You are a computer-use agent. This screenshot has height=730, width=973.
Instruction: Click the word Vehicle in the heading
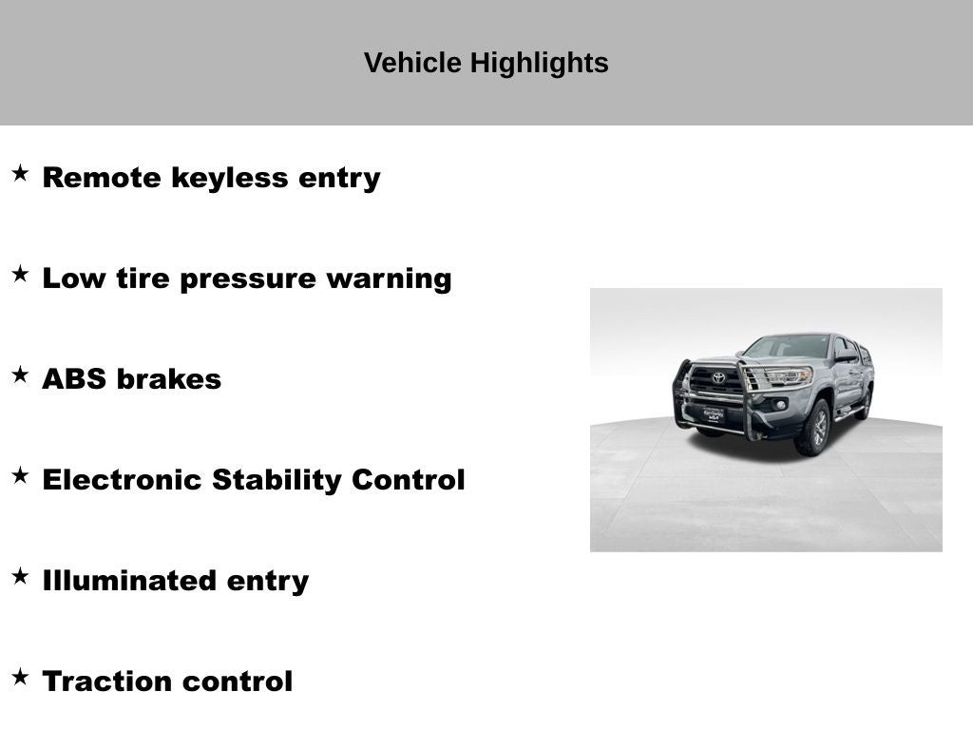412,63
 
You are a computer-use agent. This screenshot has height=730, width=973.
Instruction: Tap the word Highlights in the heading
539,64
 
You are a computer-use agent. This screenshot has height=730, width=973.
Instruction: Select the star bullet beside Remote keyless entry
21,173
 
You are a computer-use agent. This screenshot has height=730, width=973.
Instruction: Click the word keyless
230,177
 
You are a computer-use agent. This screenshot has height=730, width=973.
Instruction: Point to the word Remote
102,178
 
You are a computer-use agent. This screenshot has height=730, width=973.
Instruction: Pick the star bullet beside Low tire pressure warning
21,274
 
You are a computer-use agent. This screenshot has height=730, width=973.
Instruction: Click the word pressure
248,279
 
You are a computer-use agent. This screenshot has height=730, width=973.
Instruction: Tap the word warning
389,279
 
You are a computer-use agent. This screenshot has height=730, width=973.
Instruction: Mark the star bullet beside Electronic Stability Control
21,475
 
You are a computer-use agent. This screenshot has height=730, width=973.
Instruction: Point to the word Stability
277,480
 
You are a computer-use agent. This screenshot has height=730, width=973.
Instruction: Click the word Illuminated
129,581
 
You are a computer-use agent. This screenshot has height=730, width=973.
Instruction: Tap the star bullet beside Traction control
21,677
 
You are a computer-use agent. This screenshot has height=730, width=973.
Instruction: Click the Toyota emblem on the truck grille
718,377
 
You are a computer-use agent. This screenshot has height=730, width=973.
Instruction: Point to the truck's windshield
787,346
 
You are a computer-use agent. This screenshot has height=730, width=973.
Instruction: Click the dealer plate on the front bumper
714,414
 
